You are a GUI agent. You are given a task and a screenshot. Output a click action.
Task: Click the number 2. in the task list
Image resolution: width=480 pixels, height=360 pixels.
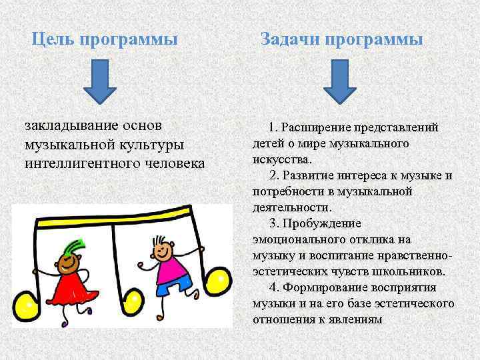274,175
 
